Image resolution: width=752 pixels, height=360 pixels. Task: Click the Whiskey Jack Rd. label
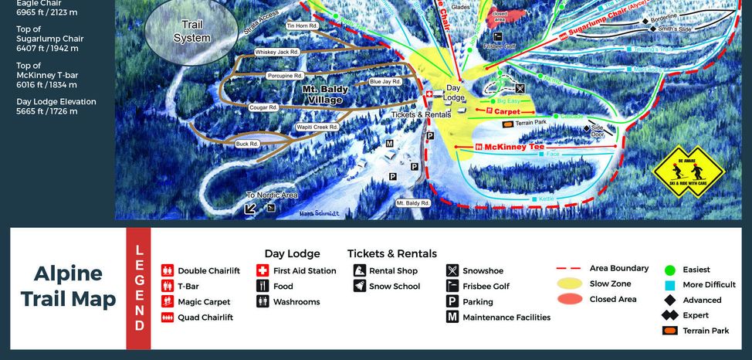pyautogui.click(x=276, y=52)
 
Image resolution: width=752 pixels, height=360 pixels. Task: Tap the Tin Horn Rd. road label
pyautogui.click(x=303, y=25)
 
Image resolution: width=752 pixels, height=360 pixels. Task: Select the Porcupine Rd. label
pyautogui.click(x=286, y=76)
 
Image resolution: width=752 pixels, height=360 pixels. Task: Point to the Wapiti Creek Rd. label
pyautogui.click(x=317, y=127)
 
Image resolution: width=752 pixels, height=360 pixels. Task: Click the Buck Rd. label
pyautogui.click(x=247, y=144)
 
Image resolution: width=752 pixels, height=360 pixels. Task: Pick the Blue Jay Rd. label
pyautogui.click(x=384, y=81)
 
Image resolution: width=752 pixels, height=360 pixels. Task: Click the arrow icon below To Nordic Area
pyautogui.click(x=251, y=208)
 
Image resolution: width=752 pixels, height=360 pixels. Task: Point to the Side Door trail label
pyautogui.click(x=598, y=131)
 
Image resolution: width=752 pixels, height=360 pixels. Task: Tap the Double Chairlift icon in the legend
pyautogui.click(x=168, y=271)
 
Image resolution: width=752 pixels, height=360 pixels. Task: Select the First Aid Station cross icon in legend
pyautogui.click(x=263, y=271)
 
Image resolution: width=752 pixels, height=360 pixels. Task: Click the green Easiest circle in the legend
pyautogui.click(x=669, y=270)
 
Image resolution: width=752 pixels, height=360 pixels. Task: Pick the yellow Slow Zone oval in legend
pyautogui.click(x=569, y=284)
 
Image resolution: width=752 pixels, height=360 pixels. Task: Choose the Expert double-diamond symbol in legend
pyautogui.click(x=669, y=315)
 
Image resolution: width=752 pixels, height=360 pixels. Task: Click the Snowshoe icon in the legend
pyautogui.click(x=452, y=271)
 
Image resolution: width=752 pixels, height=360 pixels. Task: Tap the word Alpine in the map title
pyautogui.click(x=68, y=273)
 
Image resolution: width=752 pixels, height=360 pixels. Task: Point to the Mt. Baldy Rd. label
pyautogui.click(x=412, y=203)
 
